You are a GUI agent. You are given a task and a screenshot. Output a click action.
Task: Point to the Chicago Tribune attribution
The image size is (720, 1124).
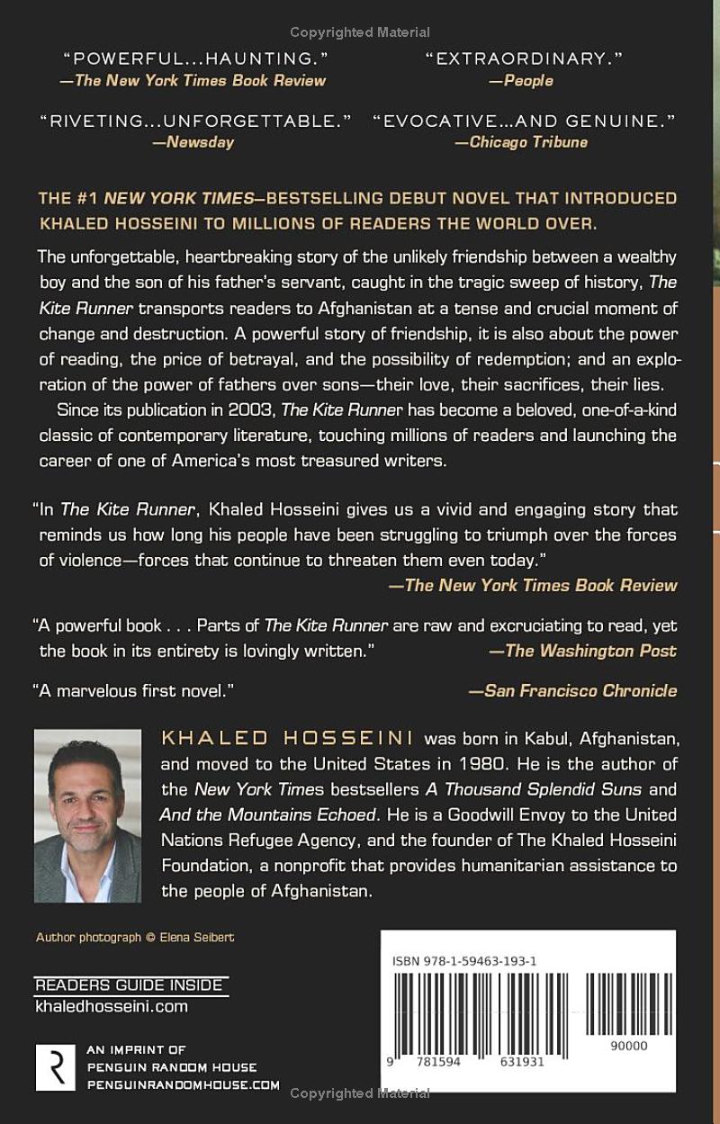[x=522, y=142]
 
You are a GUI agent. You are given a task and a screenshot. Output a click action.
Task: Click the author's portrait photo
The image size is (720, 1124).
[x=87, y=815]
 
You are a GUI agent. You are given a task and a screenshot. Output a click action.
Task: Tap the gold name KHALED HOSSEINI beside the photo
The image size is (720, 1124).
[x=287, y=739]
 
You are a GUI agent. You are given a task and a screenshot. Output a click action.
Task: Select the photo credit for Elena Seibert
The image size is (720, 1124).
[x=135, y=937]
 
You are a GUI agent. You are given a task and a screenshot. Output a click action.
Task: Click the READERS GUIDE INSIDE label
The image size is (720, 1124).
[x=129, y=985]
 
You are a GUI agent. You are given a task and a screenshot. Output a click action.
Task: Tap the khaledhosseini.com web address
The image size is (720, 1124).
[x=112, y=1006]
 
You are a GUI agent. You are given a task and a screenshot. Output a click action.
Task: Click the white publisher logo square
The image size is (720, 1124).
[x=55, y=1067]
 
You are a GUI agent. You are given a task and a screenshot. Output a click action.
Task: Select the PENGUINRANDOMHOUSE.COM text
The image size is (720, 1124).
[x=184, y=1085]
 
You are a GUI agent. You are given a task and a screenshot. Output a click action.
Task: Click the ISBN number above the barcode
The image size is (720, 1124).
[x=464, y=961]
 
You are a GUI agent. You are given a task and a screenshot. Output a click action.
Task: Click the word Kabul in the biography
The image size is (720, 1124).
[x=544, y=739]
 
